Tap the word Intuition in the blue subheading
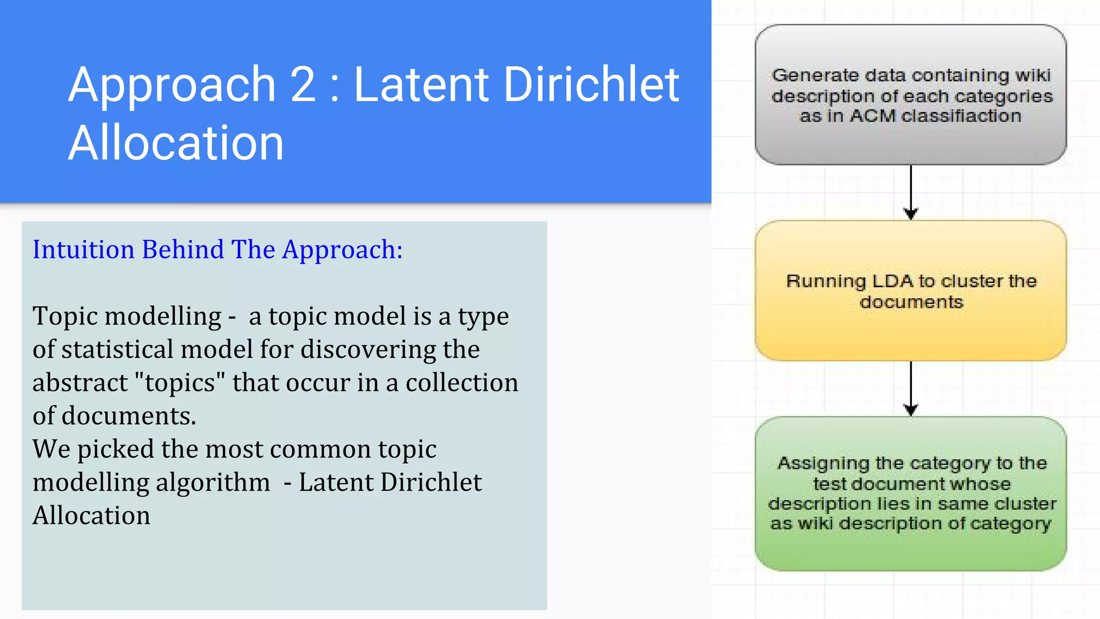point(83,250)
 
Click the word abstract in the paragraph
point(80,383)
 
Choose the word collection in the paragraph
point(462,383)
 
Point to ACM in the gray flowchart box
point(873,116)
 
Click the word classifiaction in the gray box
point(961,116)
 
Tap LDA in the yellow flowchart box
point(892,281)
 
